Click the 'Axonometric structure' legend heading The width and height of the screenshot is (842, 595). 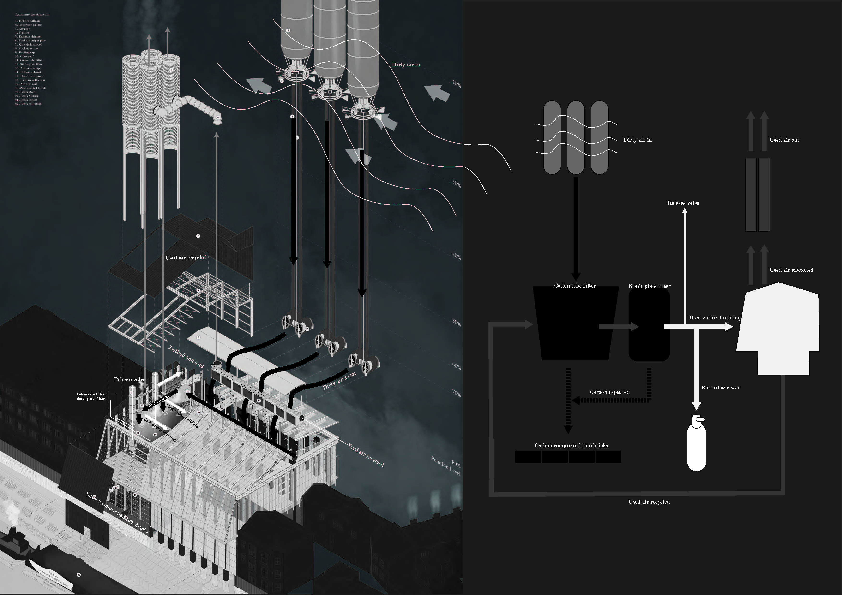click(32, 14)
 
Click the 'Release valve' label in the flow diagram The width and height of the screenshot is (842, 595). click(683, 203)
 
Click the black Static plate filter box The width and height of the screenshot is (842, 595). click(649, 326)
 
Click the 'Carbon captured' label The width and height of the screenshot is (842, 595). click(609, 392)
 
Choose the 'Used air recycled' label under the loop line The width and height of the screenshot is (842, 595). click(649, 502)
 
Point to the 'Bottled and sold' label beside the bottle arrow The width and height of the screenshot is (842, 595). click(721, 388)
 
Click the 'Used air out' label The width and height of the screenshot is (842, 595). click(784, 140)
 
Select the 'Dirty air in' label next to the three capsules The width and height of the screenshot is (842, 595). click(637, 140)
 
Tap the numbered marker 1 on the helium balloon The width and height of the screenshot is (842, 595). click(288, 30)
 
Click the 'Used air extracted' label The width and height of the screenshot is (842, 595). click(791, 270)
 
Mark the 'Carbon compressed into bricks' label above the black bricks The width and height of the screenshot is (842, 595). click(571, 446)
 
